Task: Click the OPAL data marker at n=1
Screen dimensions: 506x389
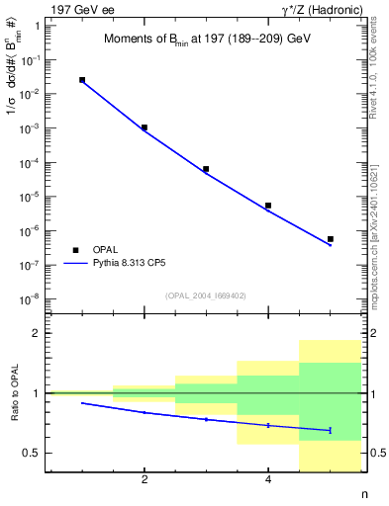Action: tap(82, 80)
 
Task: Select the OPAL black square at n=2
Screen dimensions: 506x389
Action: tap(145, 127)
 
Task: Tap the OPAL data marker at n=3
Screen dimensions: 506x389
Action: tap(206, 169)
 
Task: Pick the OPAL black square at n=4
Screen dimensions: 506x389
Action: tap(268, 206)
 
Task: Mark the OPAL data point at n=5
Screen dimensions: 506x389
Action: tap(330, 239)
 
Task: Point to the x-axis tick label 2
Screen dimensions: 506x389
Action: tap(145, 480)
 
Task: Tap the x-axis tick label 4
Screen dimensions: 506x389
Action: tap(268, 480)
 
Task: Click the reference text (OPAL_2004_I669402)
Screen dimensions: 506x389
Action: tap(205, 295)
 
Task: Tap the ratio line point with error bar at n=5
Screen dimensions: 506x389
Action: tap(330, 430)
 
